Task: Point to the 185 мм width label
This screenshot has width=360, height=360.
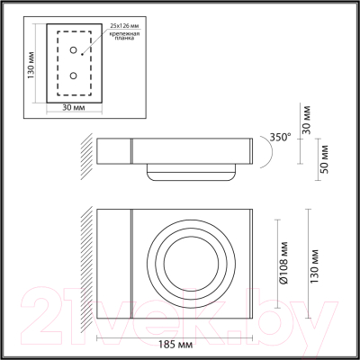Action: (x=173, y=344)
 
